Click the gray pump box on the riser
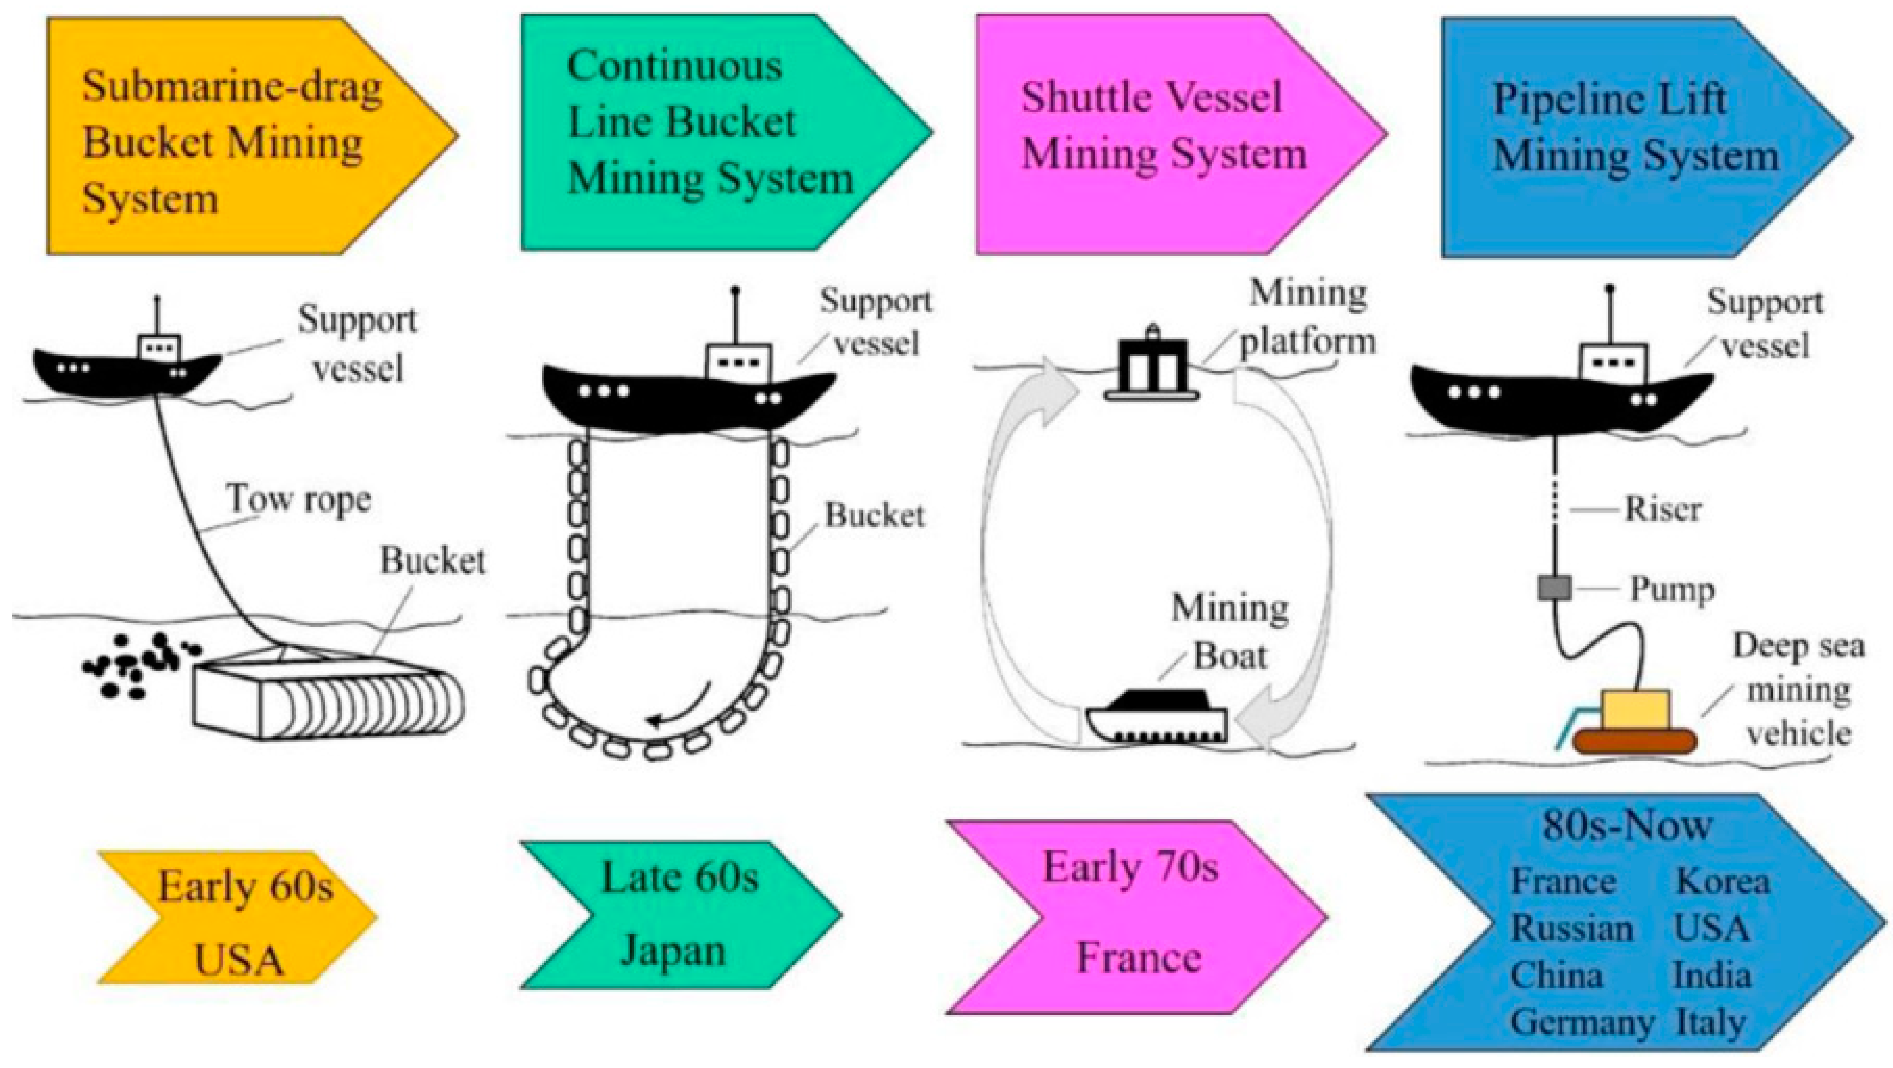pyautogui.click(x=1554, y=588)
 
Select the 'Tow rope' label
pyautogui.click(x=299, y=500)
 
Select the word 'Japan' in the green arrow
pyautogui.click(x=672, y=950)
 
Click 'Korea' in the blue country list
pyautogui.click(x=1722, y=882)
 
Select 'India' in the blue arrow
pyautogui.click(x=1712, y=976)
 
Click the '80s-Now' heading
pyautogui.click(x=1626, y=825)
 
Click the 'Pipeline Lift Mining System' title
pyautogui.click(x=1636, y=128)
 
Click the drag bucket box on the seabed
pyautogui.click(x=327, y=699)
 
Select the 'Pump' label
pyautogui.click(x=1673, y=589)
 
